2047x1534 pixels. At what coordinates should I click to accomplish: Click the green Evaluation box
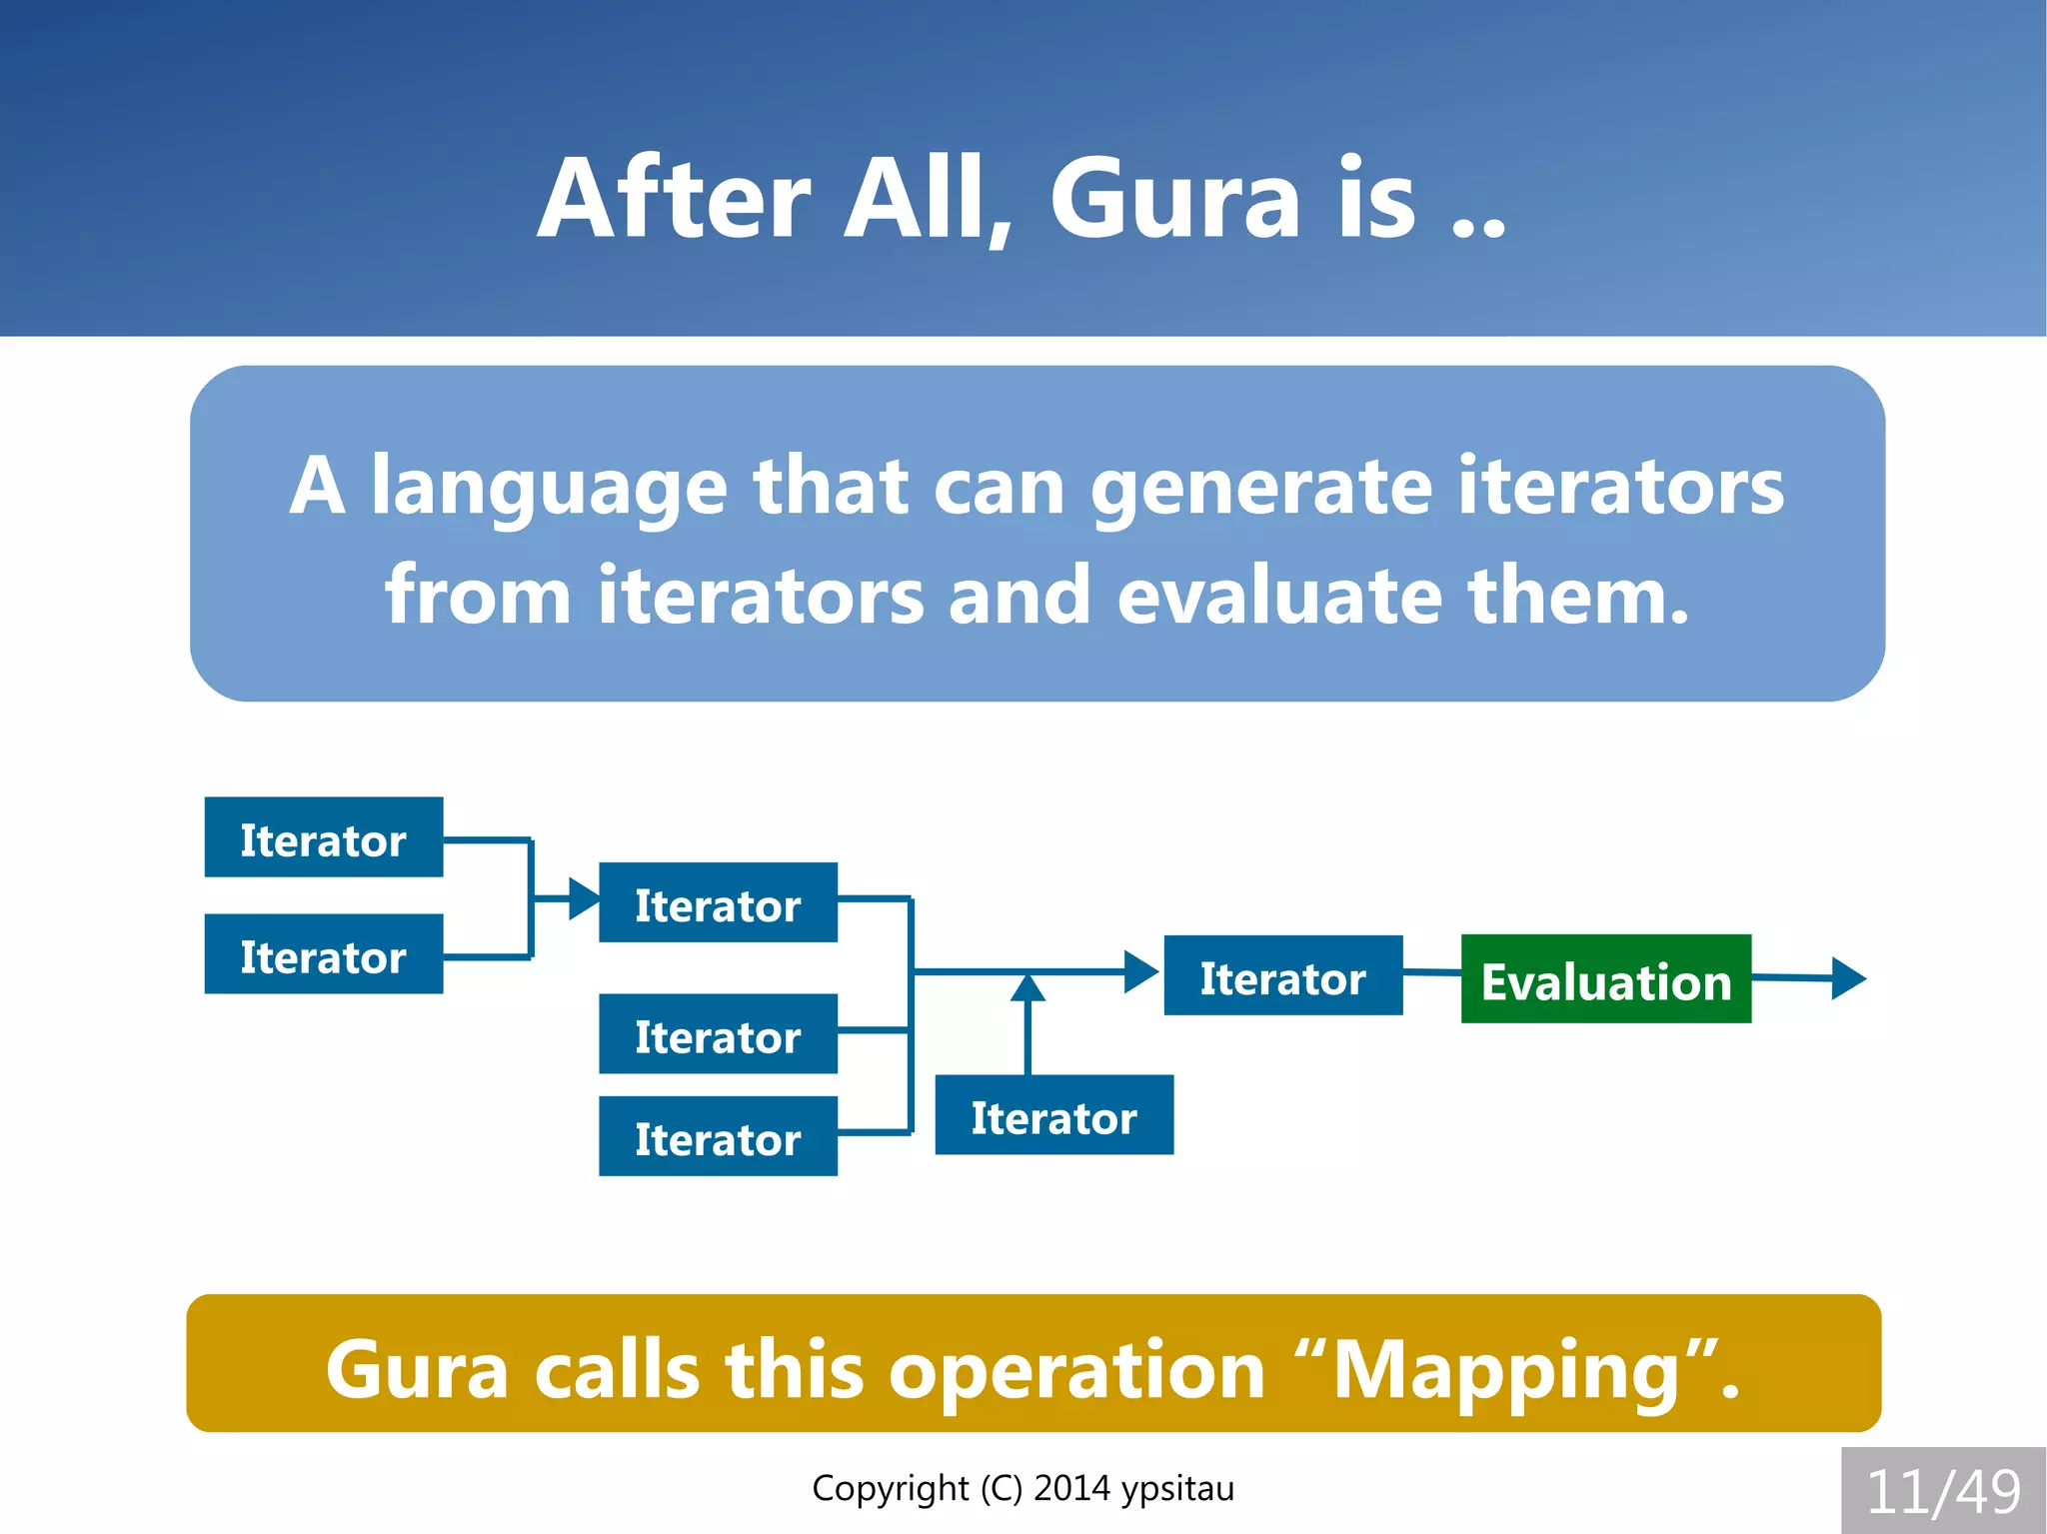tap(1605, 979)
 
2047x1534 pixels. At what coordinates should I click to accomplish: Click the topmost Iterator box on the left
tap(323, 837)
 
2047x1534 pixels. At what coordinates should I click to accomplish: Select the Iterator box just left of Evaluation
tap(1282, 975)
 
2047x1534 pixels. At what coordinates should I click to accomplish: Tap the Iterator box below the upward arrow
tap(1053, 1115)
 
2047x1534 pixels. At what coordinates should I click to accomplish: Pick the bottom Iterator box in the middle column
tap(718, 1136)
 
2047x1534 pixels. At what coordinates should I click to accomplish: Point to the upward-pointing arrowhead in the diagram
tap(1027, 987)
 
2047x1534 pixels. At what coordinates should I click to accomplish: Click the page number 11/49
tap(1943, 1491)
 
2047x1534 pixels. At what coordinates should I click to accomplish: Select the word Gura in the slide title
tap(1174, 199)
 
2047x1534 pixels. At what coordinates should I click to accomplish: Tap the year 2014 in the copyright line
tap(1071, 1488)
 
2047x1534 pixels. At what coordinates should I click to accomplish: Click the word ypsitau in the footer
tap(1177, 1489)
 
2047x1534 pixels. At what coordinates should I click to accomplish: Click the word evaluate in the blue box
tap(1279, 596)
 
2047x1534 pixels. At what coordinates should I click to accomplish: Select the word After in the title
tap(673, 199)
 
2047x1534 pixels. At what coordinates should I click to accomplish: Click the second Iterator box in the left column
tap(323, 954)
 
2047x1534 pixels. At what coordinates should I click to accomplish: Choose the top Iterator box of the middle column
tap(718, 902)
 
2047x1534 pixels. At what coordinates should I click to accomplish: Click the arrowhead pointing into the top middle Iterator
tap(583, 898)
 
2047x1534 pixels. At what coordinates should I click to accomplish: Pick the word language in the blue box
tap(549, 487)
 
